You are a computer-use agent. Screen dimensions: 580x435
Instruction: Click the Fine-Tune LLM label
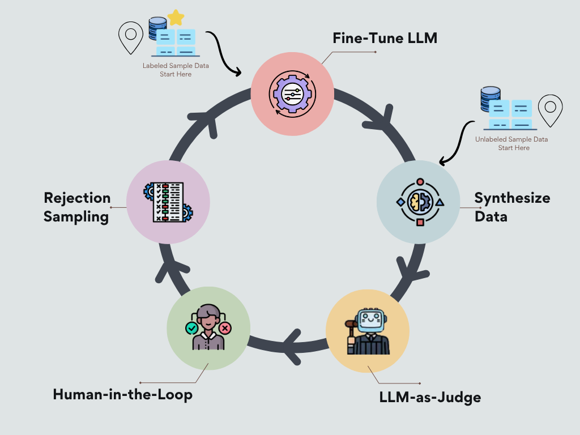pos(385,38)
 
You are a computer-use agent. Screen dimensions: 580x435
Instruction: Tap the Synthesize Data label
pos(512,207)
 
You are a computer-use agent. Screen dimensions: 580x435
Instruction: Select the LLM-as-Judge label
pos(430,397)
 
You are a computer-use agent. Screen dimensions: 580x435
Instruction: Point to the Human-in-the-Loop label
pos(123,394)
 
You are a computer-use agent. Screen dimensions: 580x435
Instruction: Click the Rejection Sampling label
pos(77,207)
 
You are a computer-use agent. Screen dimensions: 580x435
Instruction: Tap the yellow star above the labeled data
pos(176,18)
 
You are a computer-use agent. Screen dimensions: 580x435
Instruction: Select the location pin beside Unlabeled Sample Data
pos(550,110)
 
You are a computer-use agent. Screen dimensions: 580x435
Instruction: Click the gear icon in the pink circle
pos(292,94)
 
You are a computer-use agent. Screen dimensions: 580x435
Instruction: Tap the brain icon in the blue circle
pos(420,202)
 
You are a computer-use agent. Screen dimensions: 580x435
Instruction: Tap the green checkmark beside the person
pos(191,328)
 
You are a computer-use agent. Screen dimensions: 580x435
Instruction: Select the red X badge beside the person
pos(225,328)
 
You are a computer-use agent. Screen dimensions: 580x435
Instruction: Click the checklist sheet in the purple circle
pos(168,202)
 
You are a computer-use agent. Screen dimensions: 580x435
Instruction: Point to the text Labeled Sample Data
pos(176,66)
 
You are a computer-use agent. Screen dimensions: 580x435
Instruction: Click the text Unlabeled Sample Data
pos(511,139)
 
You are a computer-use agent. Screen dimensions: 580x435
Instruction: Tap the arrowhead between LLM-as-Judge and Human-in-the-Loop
pos(292,347)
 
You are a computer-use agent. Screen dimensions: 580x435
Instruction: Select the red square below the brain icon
pos(420,222)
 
